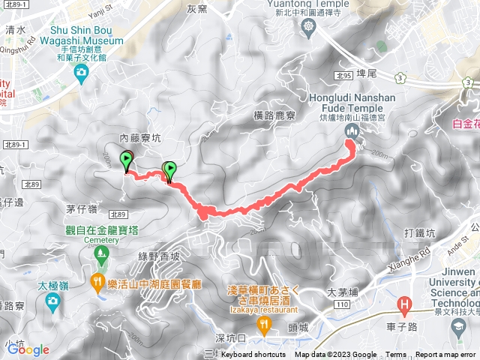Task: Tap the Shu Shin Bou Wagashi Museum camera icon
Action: point(82,72)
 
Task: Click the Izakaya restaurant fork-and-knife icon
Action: point(263,324)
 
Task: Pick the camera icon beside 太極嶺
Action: point(52,301)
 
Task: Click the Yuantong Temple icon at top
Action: point(309,28)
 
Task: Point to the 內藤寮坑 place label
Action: point(140,139)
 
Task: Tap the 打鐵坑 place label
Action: point(420,233)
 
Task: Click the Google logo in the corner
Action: point(28,349)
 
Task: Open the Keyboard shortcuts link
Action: point(253,355)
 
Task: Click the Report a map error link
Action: point(445,355)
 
